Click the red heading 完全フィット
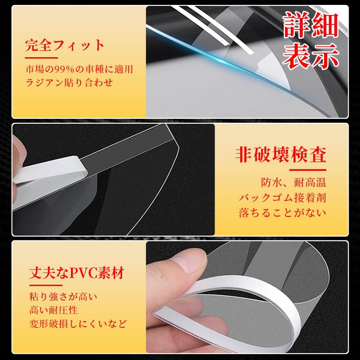tap(65, 46)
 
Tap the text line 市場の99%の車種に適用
tap(79, 69)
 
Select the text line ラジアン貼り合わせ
tap(69, 83)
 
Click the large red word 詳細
tap(311, 25)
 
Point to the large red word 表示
tap(311, 57)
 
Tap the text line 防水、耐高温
tap(294, 182)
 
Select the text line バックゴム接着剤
tap(283, 197)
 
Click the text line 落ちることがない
tap(283, 212)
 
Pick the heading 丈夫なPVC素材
tap(77, 273)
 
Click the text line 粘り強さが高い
tap(63, 296)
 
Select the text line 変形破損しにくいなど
tap(78, 323)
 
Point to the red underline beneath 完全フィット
tap(41, 57)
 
